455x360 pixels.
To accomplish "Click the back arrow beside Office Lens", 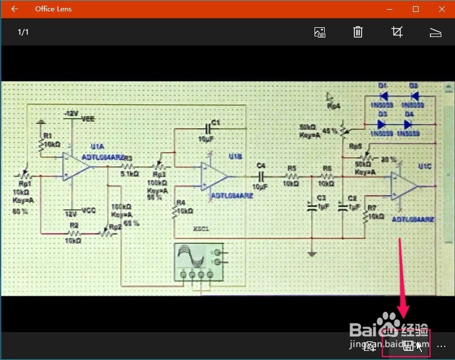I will point(15,9).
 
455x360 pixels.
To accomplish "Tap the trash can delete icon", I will point(358,32).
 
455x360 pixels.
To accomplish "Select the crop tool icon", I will point(397,32).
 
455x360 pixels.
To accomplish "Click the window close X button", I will point(442,9).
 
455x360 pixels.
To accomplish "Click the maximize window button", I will point(416,9).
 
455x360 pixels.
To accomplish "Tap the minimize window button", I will point(390,9).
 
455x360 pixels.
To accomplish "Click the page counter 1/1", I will point(23,32).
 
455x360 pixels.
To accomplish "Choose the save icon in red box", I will point(408,346).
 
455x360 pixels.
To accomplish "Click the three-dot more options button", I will point(441,346).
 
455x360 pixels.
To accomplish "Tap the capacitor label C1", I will point(215,122).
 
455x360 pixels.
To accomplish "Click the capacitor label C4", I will point(262,165).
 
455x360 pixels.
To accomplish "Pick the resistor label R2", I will point(74,225).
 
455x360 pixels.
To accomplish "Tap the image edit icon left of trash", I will point(320,32).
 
